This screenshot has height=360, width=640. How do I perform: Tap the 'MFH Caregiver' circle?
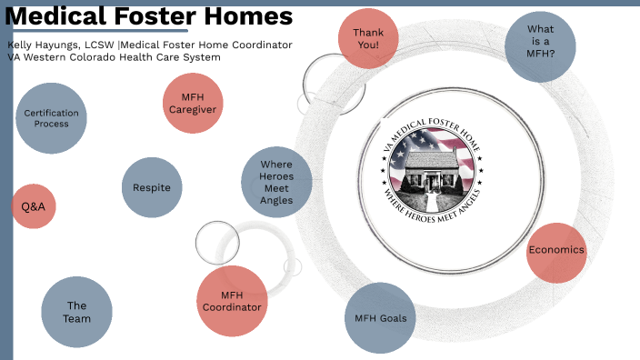click(192, 103)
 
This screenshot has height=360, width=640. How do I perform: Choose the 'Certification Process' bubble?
click(52, 118)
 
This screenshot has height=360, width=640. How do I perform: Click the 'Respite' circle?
click(152, 187)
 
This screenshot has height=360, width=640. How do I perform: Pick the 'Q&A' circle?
click(34, 206)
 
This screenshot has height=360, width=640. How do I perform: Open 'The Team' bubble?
click(77, 312)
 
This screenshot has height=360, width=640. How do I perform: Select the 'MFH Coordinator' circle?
click(232, 301)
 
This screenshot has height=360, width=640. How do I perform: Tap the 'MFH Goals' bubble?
click(380, 318)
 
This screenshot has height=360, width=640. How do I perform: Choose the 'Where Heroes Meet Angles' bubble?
click(276, 182)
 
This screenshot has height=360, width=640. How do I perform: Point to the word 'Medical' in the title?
click(55, 17)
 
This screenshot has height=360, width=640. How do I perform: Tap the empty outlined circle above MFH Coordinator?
click(217, 242)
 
